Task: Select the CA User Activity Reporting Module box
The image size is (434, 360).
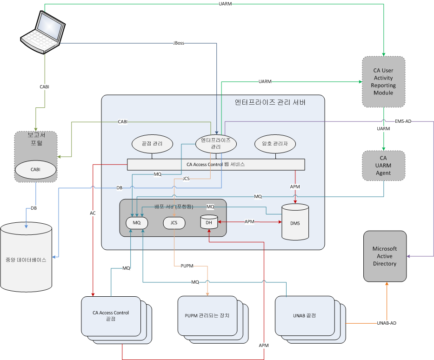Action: click(x=383, y=81)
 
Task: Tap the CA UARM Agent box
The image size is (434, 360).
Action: click(x=383, y=166)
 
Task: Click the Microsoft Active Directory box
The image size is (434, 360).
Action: click(x=384, y=256)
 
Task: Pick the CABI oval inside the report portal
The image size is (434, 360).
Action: click(x=36, y=169)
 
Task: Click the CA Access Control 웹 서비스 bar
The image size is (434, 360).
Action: click(x=216, y=164)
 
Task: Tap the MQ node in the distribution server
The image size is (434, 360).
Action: click(x=137, y=223)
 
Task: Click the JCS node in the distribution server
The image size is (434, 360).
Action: click(x=174, y=223)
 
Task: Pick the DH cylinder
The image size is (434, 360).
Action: click(x=209, y=222)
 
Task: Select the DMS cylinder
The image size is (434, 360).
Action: click(x=295, y=222)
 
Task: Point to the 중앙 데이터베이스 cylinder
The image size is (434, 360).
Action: click(x=26, y=258)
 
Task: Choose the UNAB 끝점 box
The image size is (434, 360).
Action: click(x=304, y=315)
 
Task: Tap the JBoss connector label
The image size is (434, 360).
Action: click(x=178, y=43)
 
